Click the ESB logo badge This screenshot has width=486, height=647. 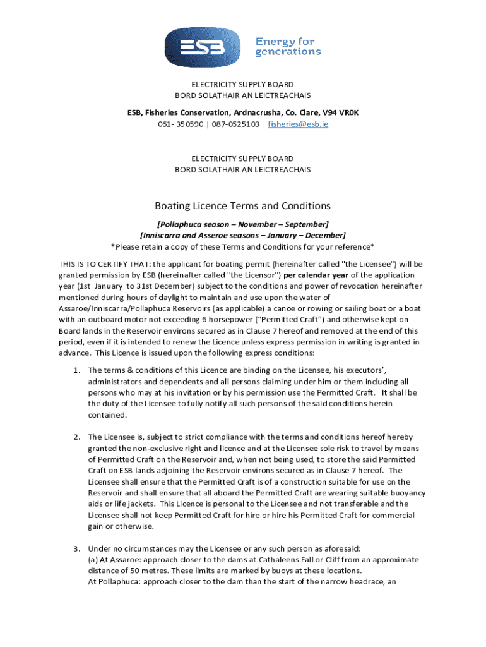point(204,47)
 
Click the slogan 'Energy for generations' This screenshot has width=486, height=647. point(288,47)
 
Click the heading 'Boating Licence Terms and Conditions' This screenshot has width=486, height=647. point(243,206)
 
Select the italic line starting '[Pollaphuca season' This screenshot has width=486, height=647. point(243,224)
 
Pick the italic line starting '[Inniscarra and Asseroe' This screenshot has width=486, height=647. point(243,235)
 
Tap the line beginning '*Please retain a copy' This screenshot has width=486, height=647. point(243,246)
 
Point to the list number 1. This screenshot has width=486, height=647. point(76,370)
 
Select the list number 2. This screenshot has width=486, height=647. point(76,437)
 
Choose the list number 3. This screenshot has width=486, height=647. point(76,548)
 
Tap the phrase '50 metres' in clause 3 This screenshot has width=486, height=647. point(148,571)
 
